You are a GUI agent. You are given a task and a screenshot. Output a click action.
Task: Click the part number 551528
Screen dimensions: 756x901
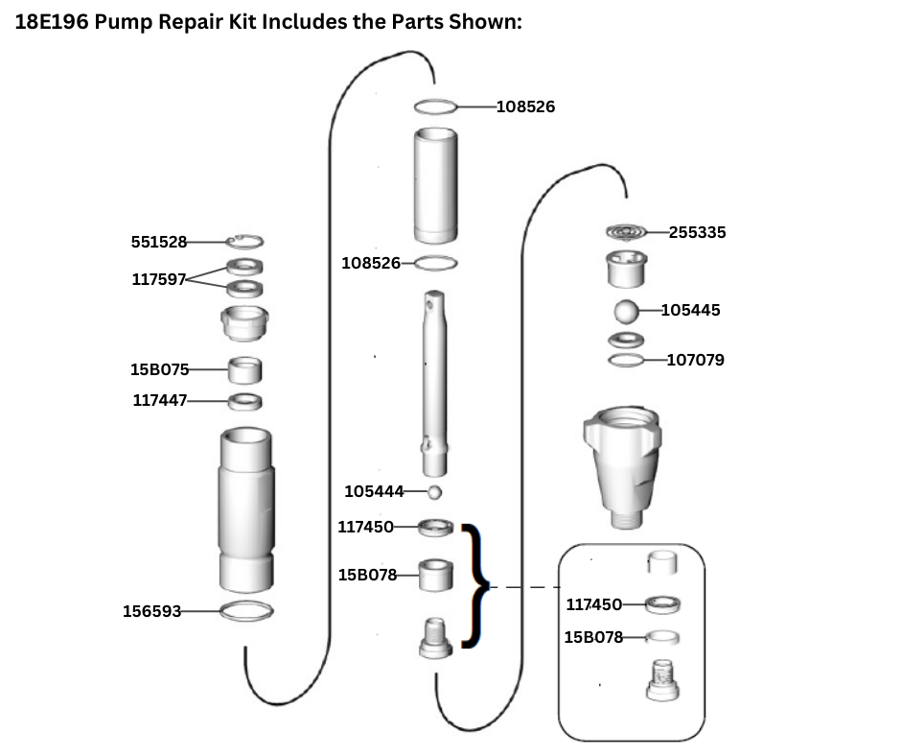tap(159, 242)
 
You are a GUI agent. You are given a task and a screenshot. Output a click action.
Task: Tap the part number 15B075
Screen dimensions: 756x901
tap(160, 368)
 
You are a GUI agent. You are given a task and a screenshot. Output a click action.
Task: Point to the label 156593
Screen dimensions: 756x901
tap(151, 610)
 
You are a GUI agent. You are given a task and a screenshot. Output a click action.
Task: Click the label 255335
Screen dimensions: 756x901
tap(697, 231)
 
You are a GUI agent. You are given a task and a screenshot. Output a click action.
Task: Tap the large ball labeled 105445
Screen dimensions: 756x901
tap(625, 312)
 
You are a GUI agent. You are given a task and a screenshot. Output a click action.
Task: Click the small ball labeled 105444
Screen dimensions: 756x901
tap(434, 492)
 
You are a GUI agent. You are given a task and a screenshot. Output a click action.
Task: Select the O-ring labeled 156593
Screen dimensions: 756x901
tap(245, 610)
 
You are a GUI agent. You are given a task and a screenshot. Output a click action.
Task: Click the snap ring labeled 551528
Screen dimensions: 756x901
tap(245, 242)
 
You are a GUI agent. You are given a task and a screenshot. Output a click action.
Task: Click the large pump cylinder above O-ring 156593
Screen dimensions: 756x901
tap(245, 508)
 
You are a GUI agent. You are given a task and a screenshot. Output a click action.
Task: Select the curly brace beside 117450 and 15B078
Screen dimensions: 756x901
tap(474, 585)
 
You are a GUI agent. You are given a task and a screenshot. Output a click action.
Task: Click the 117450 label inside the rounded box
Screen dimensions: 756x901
tap(593, 603)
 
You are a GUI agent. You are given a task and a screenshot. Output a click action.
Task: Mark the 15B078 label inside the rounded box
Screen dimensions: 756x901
tap(593, 636)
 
